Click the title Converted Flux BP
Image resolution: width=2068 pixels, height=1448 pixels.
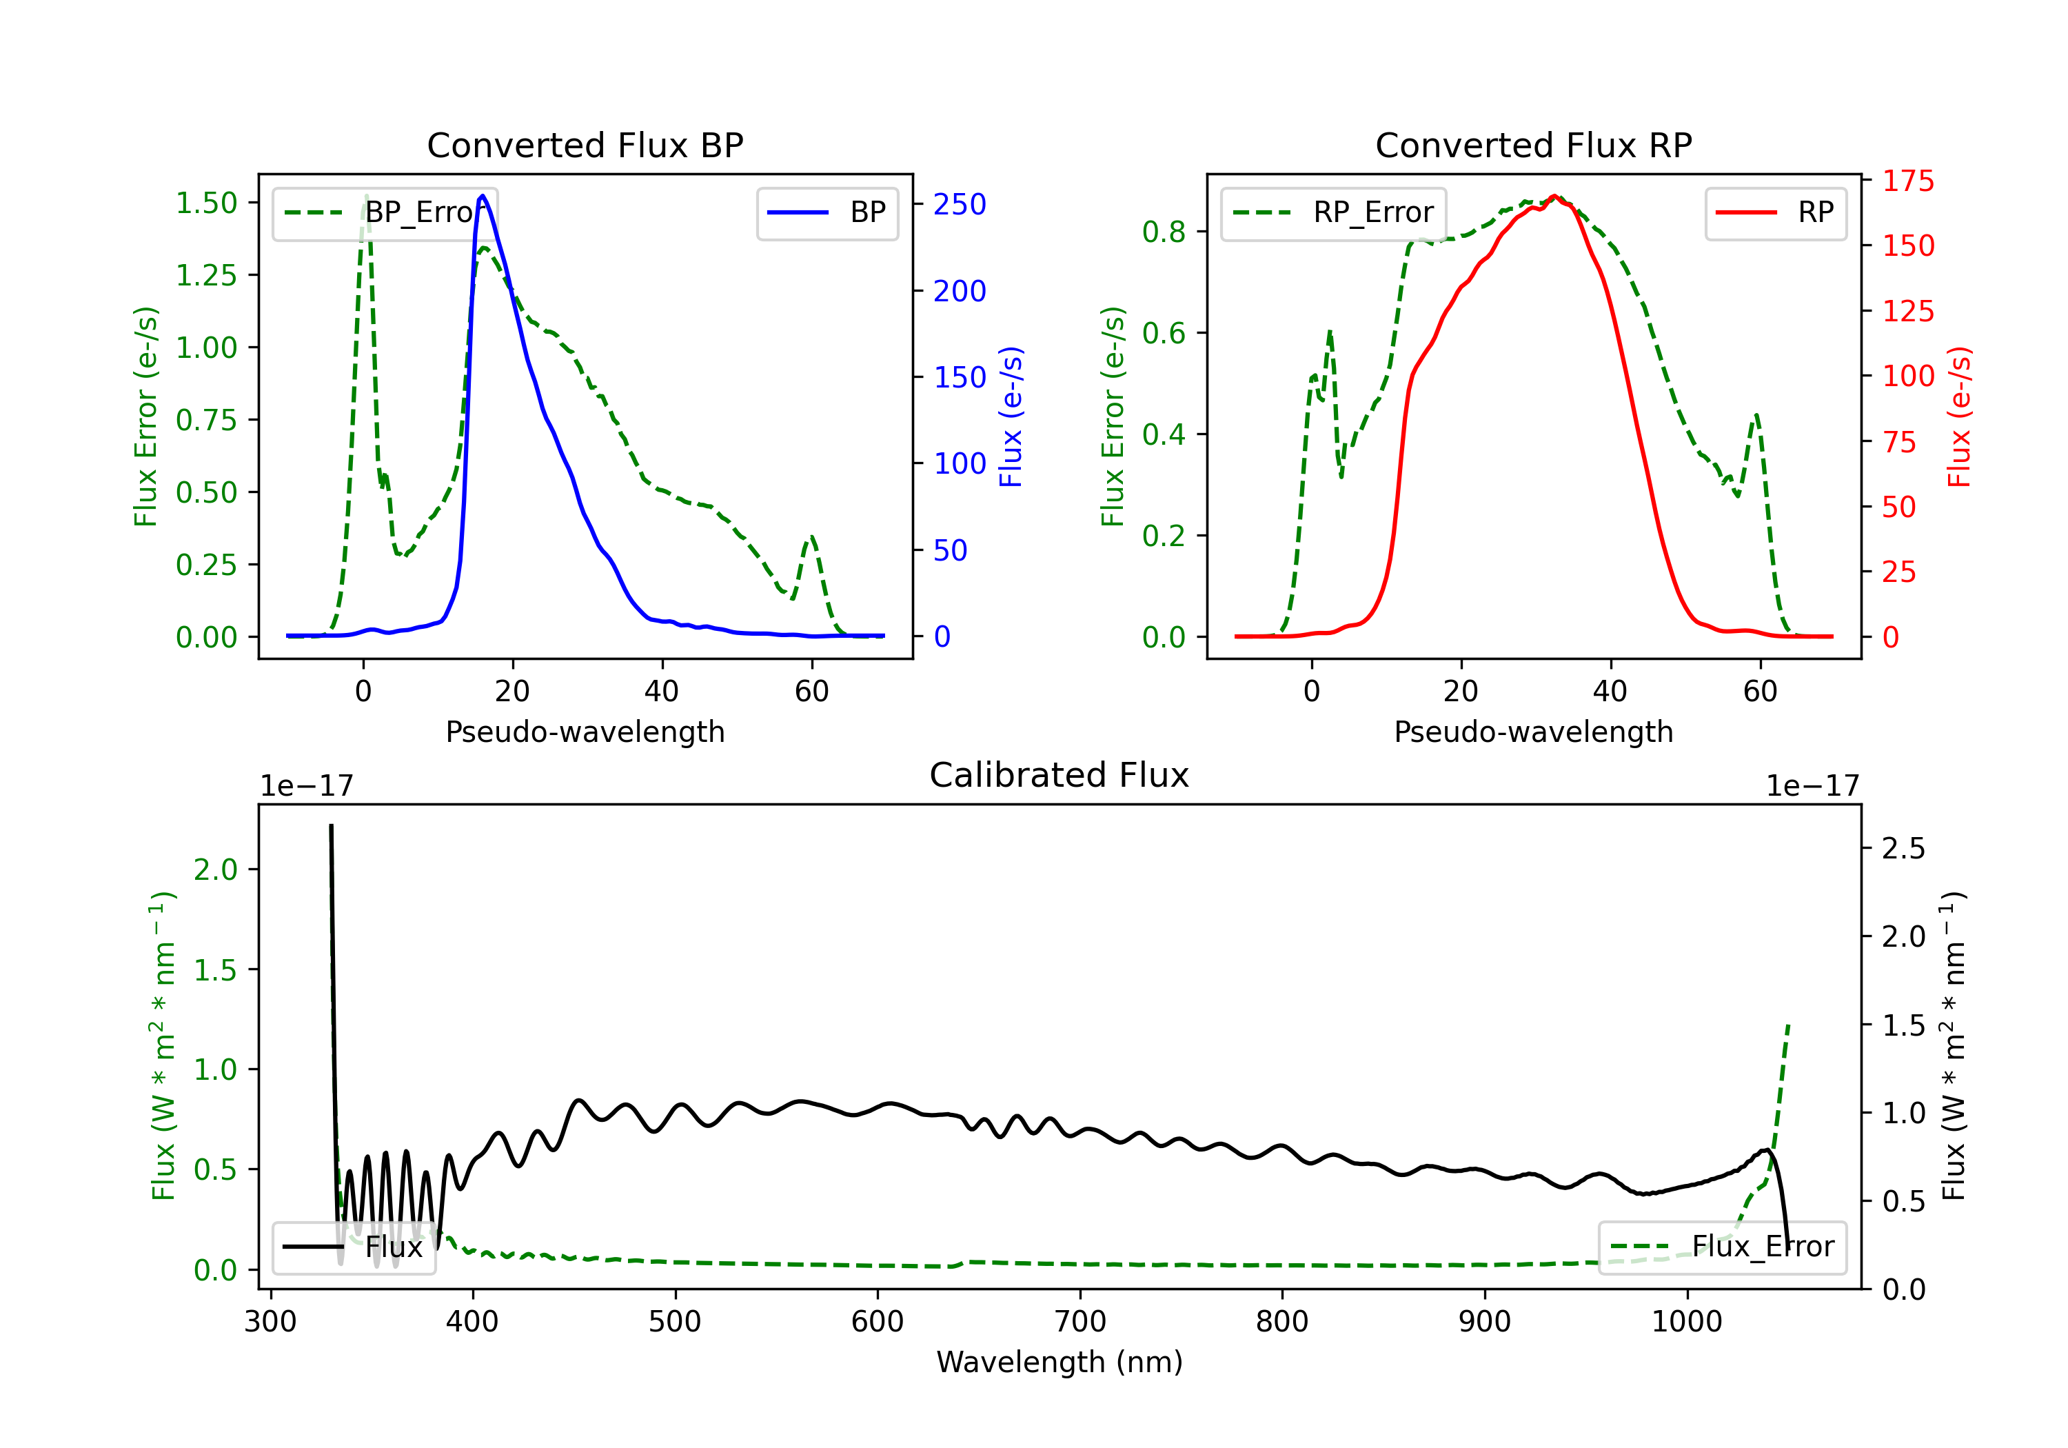click(x=585, y=145)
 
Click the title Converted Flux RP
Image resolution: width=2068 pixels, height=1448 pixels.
click(x=1533, y=145)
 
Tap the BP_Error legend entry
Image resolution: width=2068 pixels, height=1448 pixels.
click(x=385, y=212)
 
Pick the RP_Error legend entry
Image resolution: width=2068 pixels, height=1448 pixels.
click(x=1333, y=212)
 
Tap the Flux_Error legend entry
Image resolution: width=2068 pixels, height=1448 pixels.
click(x=1721, y=1247)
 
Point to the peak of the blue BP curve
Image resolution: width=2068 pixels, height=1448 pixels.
click(x=483, y=196)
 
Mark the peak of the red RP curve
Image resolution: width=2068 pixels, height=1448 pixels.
click(x=1554, y=197)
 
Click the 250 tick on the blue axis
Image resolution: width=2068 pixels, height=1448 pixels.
click(x=960, y=205)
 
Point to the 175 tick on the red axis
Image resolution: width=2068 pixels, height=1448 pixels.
click(x=1907, y=181)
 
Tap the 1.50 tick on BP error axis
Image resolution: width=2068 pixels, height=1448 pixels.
click(x=206, y=203)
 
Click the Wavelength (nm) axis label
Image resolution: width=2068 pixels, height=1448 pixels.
click(x=1060, y=1362)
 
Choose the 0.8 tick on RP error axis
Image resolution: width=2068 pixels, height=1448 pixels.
click(x=1164, y=232)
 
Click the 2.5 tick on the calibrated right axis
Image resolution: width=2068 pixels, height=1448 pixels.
click(x=1903, y=849)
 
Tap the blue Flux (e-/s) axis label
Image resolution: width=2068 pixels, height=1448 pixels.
click(x=1011, y=417)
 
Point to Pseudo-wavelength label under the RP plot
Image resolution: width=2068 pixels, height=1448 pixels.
click(x=1533, y=732)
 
